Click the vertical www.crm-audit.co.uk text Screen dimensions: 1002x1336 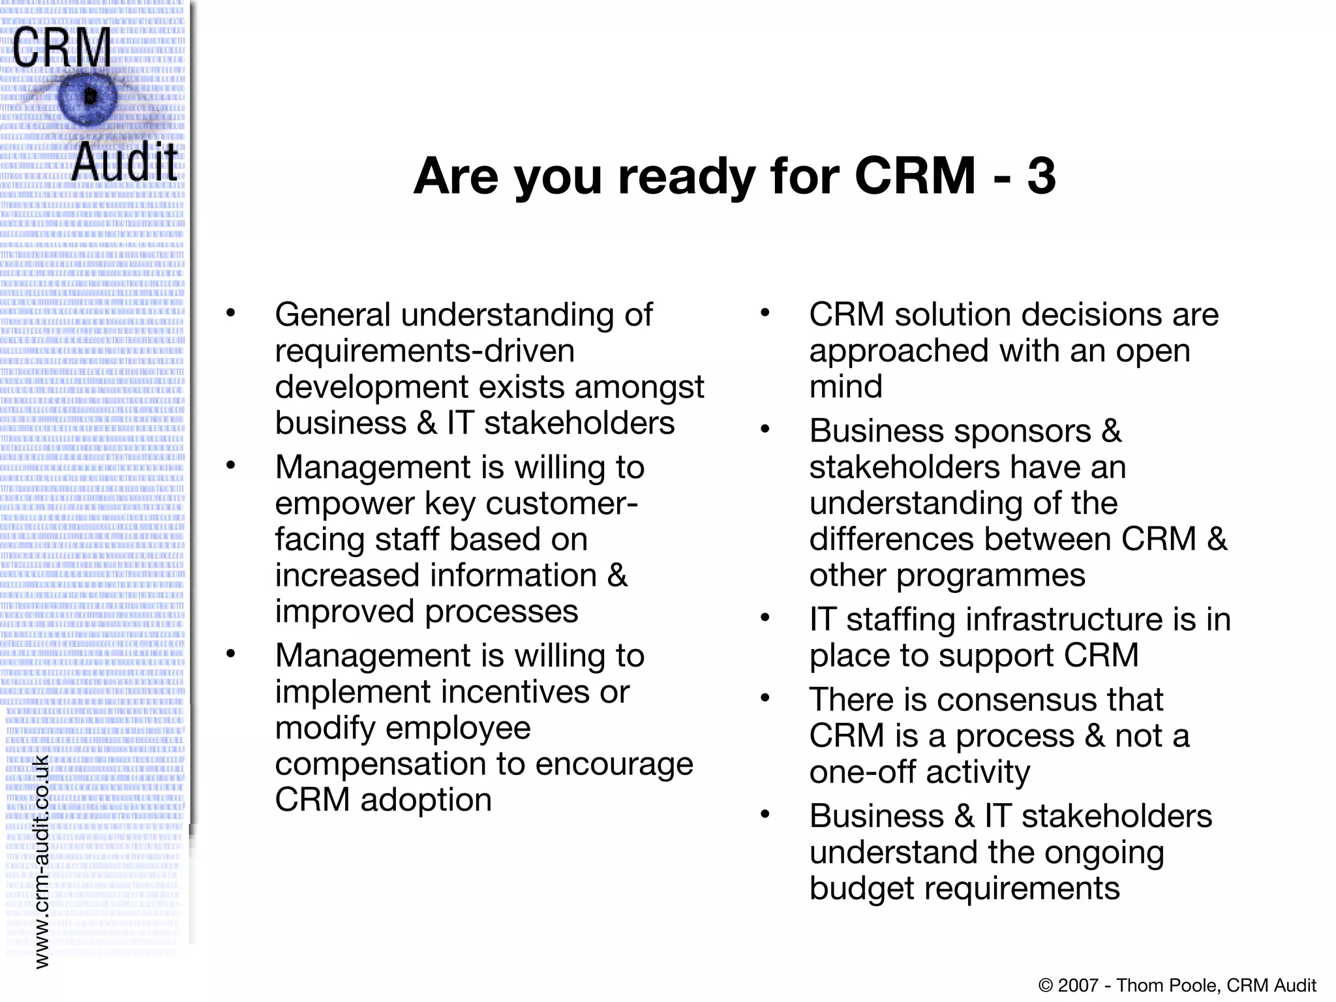point(41,861)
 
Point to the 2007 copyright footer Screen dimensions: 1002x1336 point(1177,985)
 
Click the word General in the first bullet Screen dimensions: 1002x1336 point(333,315)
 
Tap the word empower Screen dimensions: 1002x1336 point(344,504)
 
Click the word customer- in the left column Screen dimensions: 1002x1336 point(562,504)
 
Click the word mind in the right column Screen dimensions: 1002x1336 point(845,387)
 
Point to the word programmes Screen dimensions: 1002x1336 point(992,576)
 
